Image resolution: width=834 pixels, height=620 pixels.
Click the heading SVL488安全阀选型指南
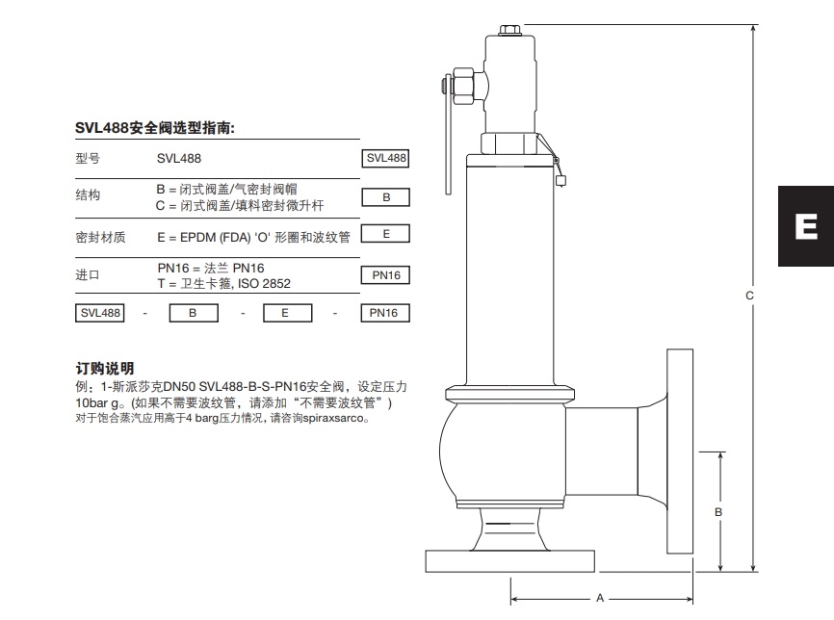155,127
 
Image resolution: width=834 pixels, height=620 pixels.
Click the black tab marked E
806,227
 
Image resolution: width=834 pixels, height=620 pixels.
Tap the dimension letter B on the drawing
717,512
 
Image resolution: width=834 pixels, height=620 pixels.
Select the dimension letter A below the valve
599,598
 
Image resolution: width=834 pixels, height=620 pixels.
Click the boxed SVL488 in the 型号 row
385,159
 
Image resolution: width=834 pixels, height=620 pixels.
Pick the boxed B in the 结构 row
385,197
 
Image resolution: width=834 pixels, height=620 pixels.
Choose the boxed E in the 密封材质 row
385,234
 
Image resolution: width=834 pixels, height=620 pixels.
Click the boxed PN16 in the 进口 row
385,275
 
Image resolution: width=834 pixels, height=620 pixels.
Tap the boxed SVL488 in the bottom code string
100,313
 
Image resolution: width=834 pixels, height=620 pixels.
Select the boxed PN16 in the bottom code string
385,313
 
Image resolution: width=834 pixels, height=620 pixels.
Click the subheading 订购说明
105,369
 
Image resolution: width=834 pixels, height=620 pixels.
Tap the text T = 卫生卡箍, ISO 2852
223,284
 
